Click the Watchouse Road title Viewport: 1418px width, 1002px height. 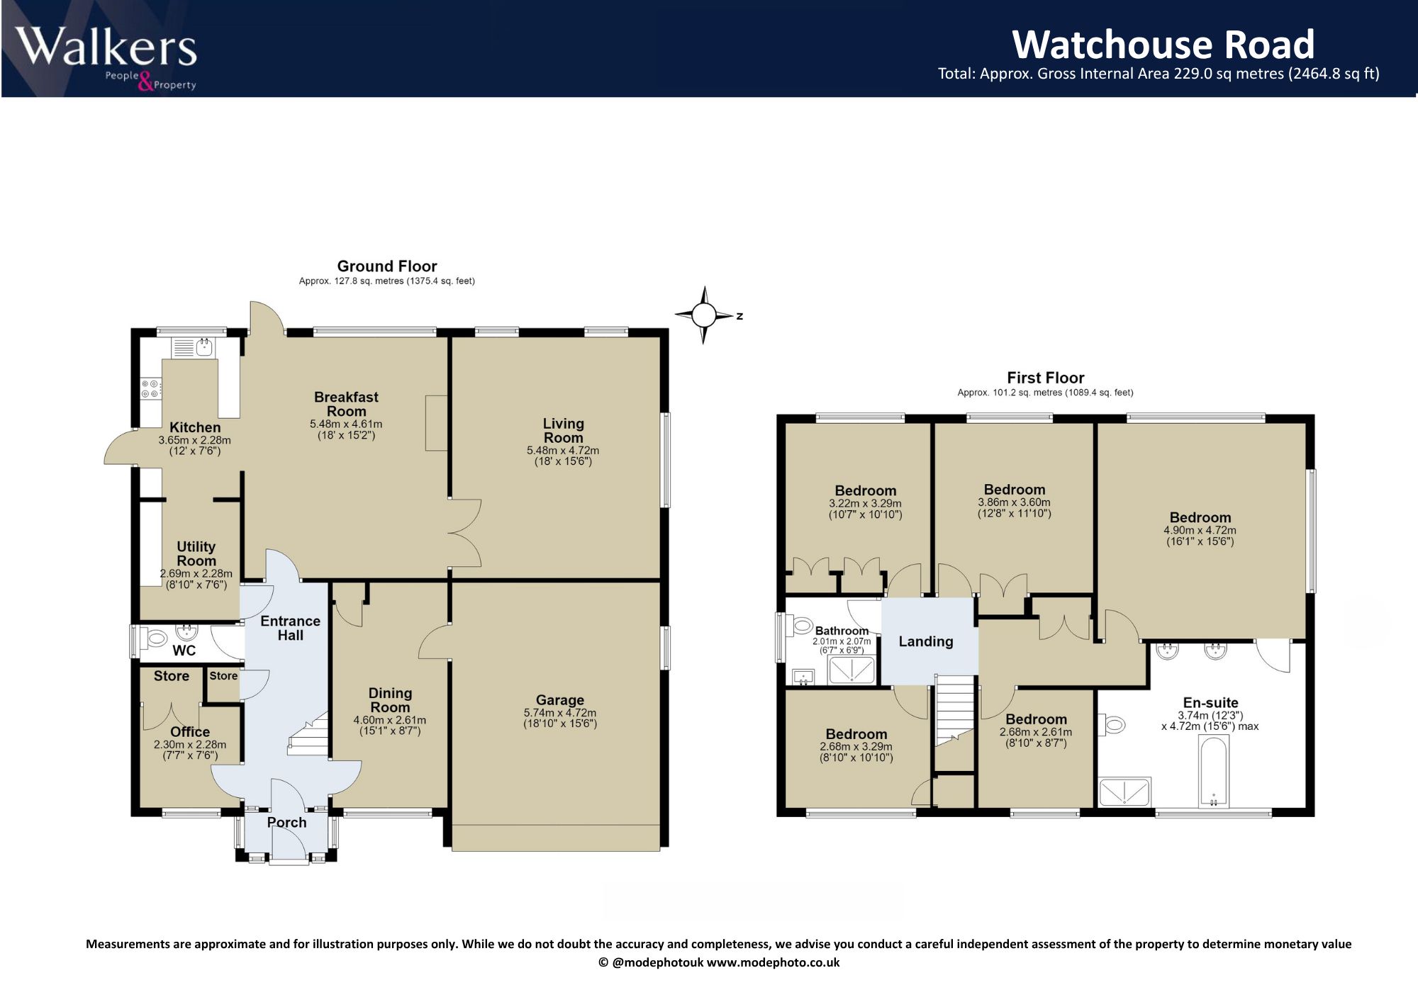tap(1163, 44)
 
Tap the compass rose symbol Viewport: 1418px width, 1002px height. tap(704, 315)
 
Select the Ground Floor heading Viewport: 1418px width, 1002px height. tap(387, 266)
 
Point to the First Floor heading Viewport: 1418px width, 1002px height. tap(1046, 378)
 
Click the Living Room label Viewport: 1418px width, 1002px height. tap(564, 430)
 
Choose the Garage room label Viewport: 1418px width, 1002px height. tap(560, 700)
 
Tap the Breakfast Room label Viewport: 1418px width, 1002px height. tap(346, 404)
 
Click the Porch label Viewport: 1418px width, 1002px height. tap(287, 823)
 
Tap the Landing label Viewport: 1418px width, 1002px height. tap(926, 641)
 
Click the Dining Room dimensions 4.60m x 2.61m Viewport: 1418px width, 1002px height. tap(390, 720)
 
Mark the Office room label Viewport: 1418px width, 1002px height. tap(190, 732)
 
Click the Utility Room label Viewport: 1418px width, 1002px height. tap(196, 553)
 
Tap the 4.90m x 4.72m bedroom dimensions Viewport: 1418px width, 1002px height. tap(1200, 530)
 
